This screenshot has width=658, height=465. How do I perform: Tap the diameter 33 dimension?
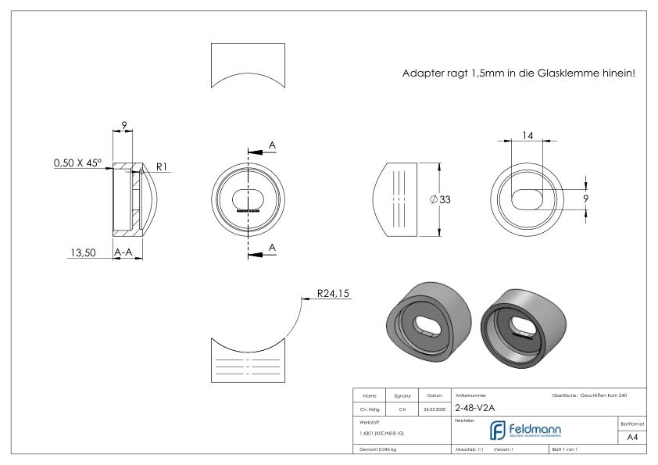click(441, 199)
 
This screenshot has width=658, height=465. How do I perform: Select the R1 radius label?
click(161, 166)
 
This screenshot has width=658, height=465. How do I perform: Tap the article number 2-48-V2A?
click(474, 407)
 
